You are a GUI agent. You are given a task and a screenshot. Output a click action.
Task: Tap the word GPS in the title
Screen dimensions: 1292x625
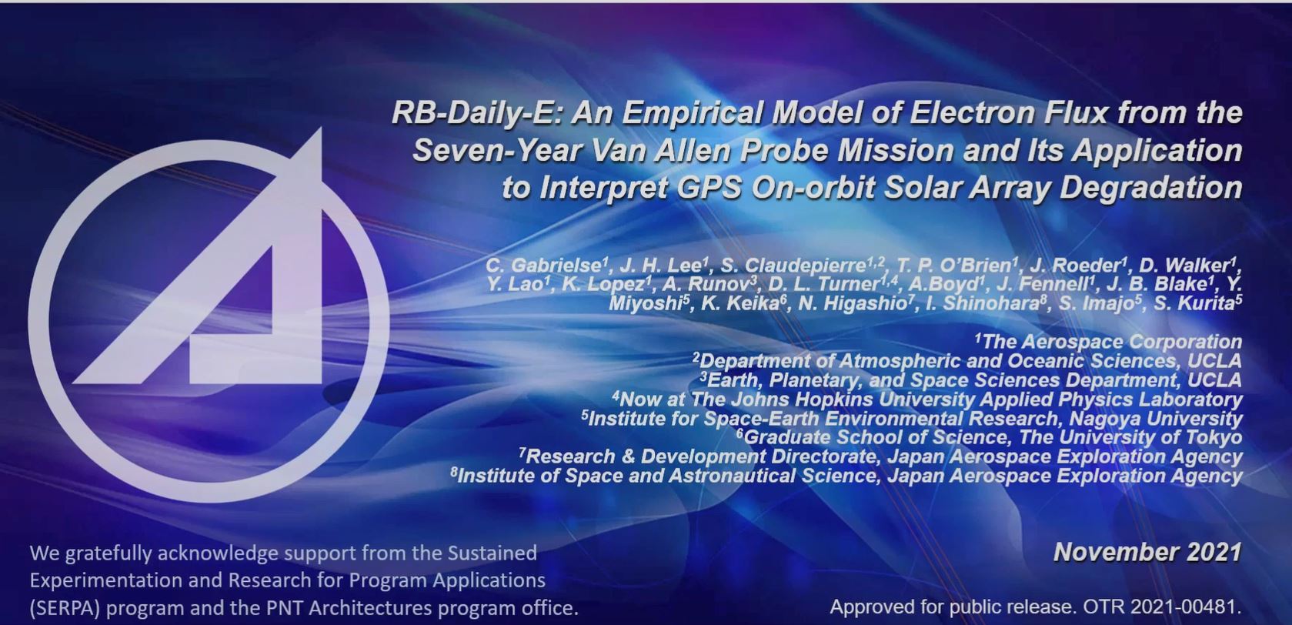[x=708, y=188]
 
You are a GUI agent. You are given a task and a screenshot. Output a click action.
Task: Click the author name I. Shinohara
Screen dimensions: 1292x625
[x=983, y=303]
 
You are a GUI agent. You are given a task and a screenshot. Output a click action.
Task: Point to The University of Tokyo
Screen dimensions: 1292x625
[x=1130, y=437]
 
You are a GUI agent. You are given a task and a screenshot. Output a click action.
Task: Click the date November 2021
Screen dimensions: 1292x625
[x=1148, y=553]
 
